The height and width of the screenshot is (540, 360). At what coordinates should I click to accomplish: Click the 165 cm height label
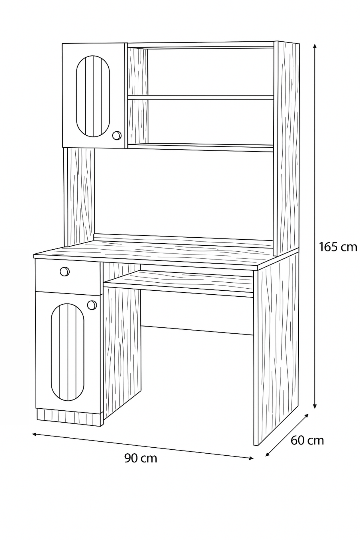[338, 247]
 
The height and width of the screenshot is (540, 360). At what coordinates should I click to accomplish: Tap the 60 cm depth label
[307, 440]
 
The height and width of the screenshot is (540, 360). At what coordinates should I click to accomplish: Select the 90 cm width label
[141, 458]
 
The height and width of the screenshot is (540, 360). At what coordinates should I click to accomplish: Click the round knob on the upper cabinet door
[116, 136]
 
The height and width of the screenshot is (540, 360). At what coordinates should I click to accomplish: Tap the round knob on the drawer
[64, 271]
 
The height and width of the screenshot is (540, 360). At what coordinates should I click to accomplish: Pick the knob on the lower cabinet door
[92, 305]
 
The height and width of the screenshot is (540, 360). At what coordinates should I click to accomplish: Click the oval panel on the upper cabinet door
[93, 96]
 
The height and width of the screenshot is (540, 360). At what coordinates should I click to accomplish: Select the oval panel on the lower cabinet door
[67, 352]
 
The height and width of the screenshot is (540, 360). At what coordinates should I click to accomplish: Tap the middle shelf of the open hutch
[201, 97]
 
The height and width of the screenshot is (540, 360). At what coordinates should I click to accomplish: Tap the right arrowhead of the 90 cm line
[250, 458]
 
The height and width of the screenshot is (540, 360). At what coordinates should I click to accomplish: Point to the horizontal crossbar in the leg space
[197, 330]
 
